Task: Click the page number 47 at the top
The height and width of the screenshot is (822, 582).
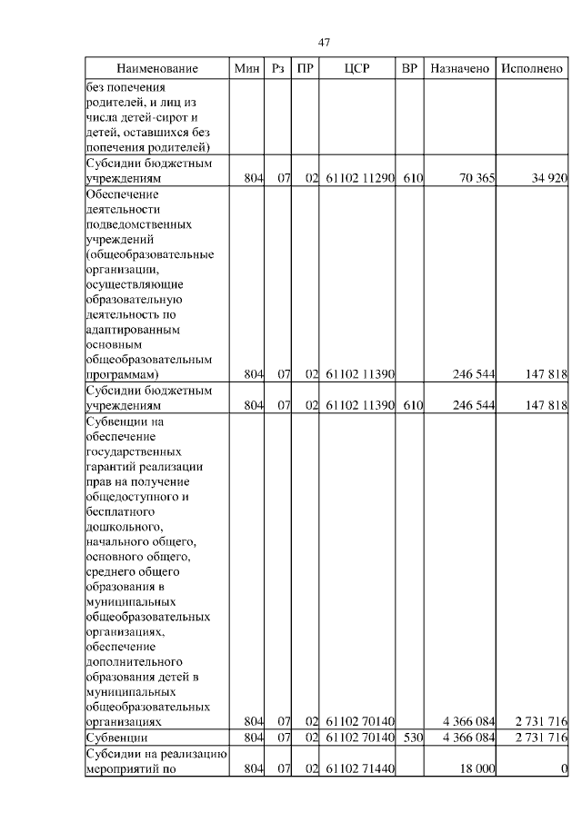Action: [x=324, y=43]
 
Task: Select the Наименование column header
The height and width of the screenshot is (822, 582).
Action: [x=156, y=69]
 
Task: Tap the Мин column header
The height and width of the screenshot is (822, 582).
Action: [x=246, y=69]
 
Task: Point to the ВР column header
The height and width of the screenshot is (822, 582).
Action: [x=410, y=69]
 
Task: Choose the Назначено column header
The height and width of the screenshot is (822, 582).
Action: [x=460, y=69]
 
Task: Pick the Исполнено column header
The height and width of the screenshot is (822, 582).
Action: [x=532, y=69]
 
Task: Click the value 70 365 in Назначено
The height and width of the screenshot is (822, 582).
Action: [x=477, y=179]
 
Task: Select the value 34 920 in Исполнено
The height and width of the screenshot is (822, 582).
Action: [x=549, y=179]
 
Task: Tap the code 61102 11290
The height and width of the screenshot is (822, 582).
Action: [x=359, y=179]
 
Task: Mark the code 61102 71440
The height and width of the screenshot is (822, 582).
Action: [x=359, y=768]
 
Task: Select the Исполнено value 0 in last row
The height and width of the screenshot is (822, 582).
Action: [x=564, y=768]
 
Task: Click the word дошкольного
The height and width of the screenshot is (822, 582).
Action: [x=125, y=526]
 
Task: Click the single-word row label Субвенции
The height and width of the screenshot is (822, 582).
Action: [x=116, y=737]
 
